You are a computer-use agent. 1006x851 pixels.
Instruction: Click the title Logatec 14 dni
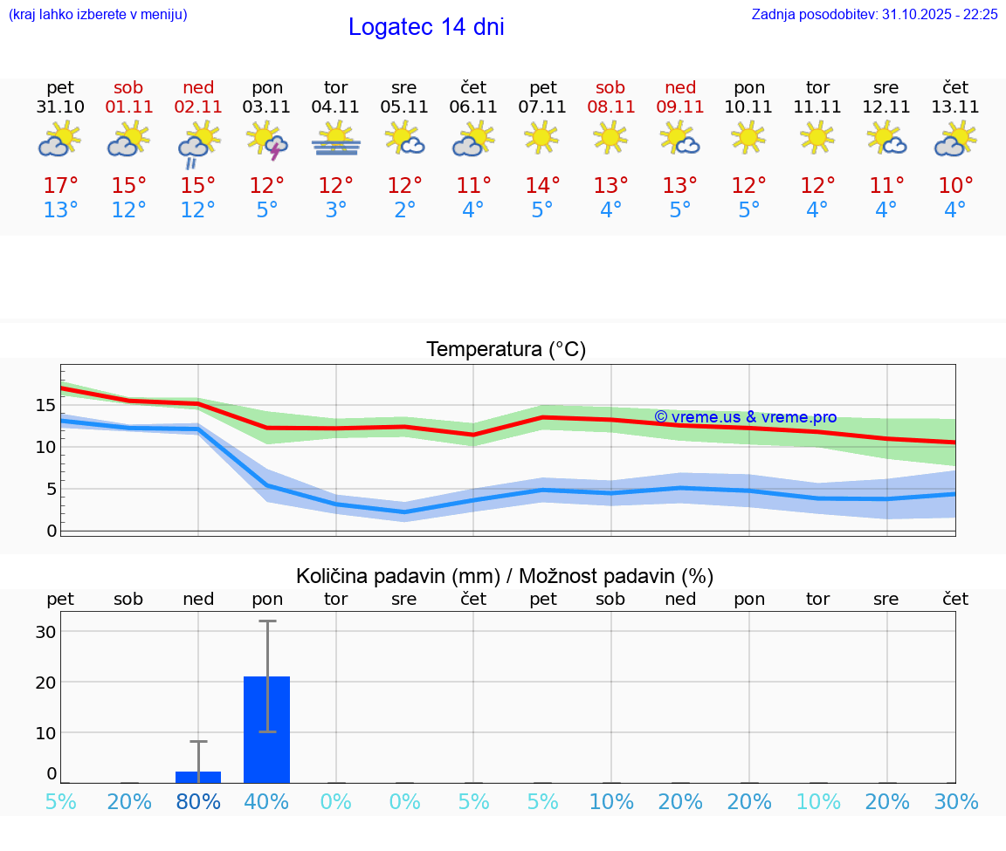point(426,27)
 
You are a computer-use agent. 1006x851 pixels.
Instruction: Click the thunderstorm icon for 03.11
point(267,141)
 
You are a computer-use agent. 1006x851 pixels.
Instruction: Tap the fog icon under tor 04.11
point(336,141)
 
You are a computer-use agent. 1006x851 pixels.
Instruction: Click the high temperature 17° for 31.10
point(60,186)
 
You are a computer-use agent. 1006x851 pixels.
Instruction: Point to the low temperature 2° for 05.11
point(404,210)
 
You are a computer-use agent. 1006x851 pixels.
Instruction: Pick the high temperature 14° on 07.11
point(542,186)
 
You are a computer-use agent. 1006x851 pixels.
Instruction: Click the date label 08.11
point(610,107)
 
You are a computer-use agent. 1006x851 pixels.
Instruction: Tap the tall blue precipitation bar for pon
point(267,730)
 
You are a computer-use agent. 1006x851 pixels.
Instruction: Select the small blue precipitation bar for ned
point(198,777)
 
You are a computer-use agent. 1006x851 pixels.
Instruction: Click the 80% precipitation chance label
point(198,801)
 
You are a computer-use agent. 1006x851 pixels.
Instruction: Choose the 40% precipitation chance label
point(267,801)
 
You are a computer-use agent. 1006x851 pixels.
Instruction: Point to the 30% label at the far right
point(955,801)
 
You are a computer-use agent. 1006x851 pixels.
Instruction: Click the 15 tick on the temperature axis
point(46,405)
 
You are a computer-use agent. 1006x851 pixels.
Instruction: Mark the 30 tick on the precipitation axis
point(46,632)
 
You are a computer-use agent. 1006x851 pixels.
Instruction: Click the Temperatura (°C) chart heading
point(506,350)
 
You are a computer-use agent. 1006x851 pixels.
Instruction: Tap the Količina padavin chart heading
point(505,576)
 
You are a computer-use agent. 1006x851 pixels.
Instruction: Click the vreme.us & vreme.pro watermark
point(745,417)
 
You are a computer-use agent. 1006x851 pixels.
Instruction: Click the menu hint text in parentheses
point(97,15)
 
